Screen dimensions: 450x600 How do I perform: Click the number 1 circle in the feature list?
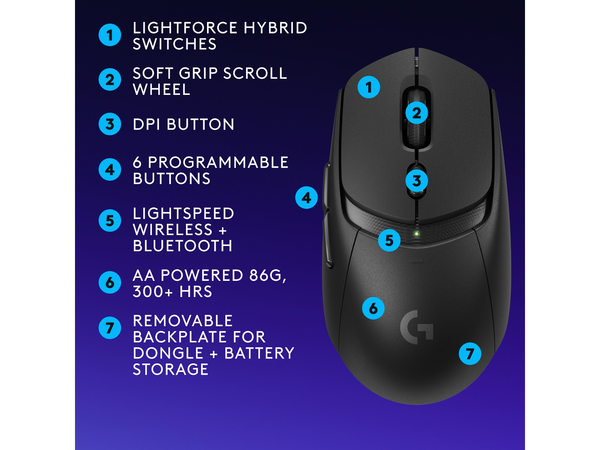pyautogui.click(x=110, y=35)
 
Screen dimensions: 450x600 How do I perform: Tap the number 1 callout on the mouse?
pyautogui.click(x=369, y=87)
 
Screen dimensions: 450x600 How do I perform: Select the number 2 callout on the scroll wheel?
pyautogui.click(x=417, y=113)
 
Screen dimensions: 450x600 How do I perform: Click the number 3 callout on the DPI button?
pyautogui.click(x=417, y=181)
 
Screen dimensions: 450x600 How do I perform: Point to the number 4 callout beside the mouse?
pyautogui.click(x=306, y=198)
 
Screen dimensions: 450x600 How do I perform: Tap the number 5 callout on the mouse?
pyautogui.click(x=389, y=240)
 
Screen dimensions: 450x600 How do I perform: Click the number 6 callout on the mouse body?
pyautogui.click(x=373, y=308)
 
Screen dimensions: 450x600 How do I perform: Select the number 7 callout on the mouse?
pyautogui.click(x=470, y=354)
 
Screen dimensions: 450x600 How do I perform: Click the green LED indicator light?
pyautogui.click(x=416, y=234)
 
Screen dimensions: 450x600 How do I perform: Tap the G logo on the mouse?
pyautogui.click(x=417, y=327)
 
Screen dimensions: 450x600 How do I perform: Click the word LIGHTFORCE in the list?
pyautogui.click(x=185, y=28)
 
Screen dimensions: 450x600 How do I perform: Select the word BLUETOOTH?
pyautogui.click(x=183, y=246)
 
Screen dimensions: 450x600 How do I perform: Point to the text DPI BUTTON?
pyautogui.click(x=183, y=124)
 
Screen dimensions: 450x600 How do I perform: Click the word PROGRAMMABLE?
pyautogui.click(x=218, y=162)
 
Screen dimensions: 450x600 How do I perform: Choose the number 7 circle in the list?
pyautogui.click(x=110, y=328)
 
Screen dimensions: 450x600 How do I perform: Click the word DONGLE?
pyautogui.click(x=168, y=353)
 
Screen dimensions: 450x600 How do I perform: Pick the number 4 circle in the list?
pyautogui.click(x=110, y=169)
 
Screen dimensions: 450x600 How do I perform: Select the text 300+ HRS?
pyautogui.click(x=172, y=292)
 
